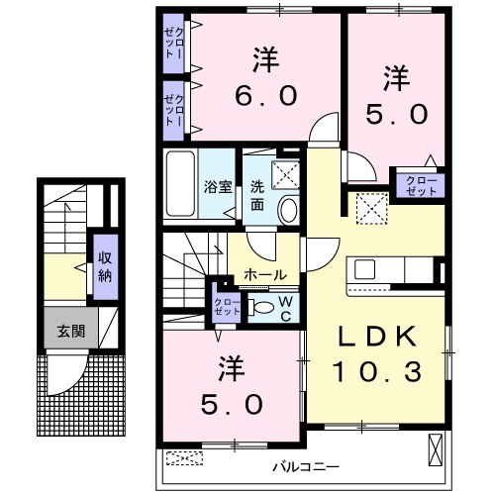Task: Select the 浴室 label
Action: click(217, 185)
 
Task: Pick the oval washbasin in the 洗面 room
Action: click(288, 210)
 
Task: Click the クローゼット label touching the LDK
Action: click(419, 183)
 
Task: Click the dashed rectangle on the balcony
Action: click(183, 457)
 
